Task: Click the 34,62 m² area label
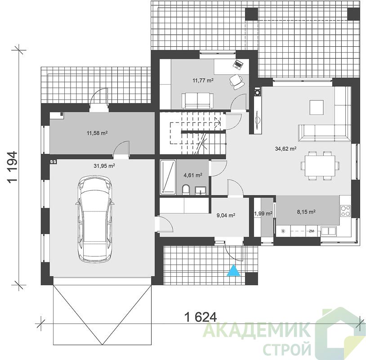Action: click(286, 148)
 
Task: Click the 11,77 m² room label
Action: click(203, 81)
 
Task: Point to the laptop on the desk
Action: click(238, 64)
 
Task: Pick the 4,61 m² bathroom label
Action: click(193, 175)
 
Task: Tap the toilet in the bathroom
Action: click(186, 190)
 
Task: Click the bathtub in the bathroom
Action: click(168, 177)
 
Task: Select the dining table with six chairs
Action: click(320, 166)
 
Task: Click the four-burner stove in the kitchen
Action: click(345, 211)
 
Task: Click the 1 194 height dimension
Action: click(13, 167)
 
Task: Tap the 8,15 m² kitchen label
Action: click(306, 212)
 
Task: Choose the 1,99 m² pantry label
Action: click(263, 213)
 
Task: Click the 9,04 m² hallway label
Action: click(226, 215)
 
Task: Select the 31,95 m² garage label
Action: click(104, 166)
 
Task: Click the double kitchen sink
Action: click(329, 231)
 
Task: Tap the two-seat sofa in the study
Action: click(198, 101)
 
